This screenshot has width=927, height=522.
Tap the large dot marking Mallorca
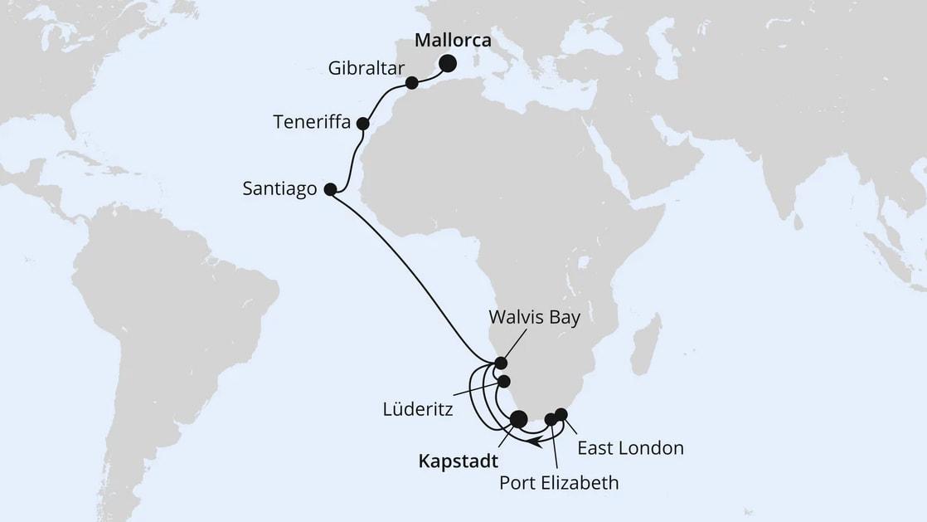[x=448, y=63]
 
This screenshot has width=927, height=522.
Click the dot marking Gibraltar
[x=411, y=83]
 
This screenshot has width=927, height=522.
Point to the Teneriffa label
[x=312, y=123]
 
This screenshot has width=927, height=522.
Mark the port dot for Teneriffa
[x=362, y=124]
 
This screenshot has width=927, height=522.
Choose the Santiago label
[x=279, y=189]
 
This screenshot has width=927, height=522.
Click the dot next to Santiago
[x=329, y=189]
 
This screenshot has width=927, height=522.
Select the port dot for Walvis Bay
[x=500, y=363]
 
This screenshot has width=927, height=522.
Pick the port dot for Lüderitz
[x=504, y=381]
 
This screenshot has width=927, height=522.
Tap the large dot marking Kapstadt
[x=518, y=419]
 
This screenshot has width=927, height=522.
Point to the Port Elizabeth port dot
[x=550, y=420]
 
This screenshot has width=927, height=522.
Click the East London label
[x=630, y=448]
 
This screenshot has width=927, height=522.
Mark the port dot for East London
[x=561, y=414]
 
